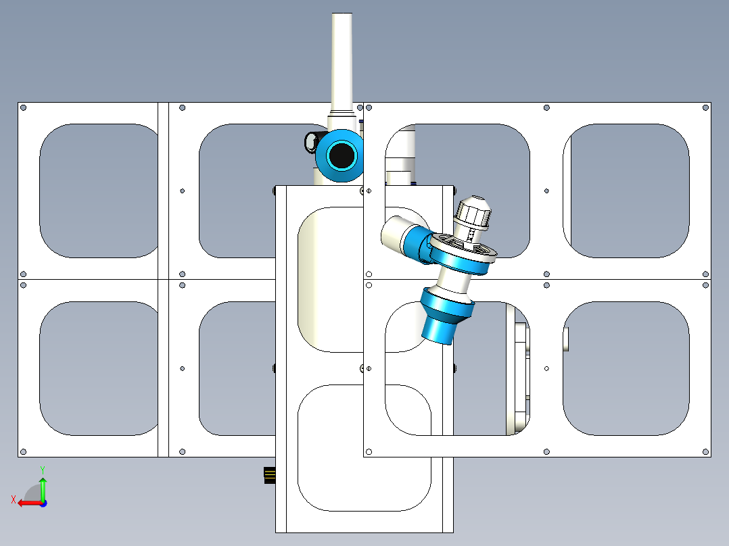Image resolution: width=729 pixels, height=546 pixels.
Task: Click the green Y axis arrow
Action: tap(43, 489)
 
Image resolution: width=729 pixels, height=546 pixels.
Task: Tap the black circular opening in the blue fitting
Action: tap(342, 155)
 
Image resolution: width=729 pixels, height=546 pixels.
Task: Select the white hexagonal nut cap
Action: tap(473, 214)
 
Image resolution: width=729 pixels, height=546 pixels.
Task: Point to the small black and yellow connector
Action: tap(270, 475)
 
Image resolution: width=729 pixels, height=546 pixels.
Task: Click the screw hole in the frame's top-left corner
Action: tap(24, 108)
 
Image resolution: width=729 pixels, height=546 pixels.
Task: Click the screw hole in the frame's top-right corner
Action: tap(705, 108)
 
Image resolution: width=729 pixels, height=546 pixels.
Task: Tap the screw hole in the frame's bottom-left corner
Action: tap(24, 451)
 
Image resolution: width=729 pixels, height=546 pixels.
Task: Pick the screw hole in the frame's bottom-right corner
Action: tap(705, 451)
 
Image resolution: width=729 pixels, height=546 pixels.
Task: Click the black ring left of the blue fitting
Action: tap(310, 142)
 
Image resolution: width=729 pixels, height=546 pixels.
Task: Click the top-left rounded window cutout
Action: tap(99, 191)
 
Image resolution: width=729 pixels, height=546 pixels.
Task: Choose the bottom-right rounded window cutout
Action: tap(626, 368)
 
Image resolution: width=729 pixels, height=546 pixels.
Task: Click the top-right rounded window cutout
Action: tap(626, 191)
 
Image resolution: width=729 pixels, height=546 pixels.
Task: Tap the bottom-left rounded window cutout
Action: tap(99, 368)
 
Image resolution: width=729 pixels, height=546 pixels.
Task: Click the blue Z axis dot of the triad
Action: tap(43, 503)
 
